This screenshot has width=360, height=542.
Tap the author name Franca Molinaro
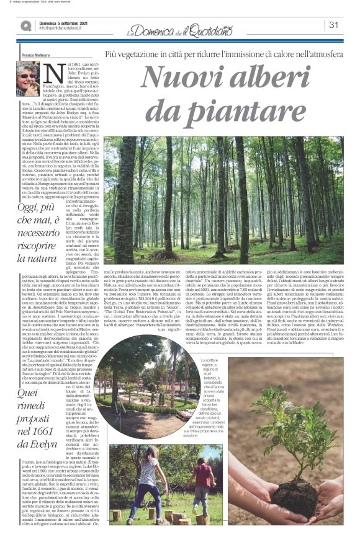click(x=35, y=54)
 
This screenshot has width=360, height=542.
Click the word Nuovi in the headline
click(x=182, y=77)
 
